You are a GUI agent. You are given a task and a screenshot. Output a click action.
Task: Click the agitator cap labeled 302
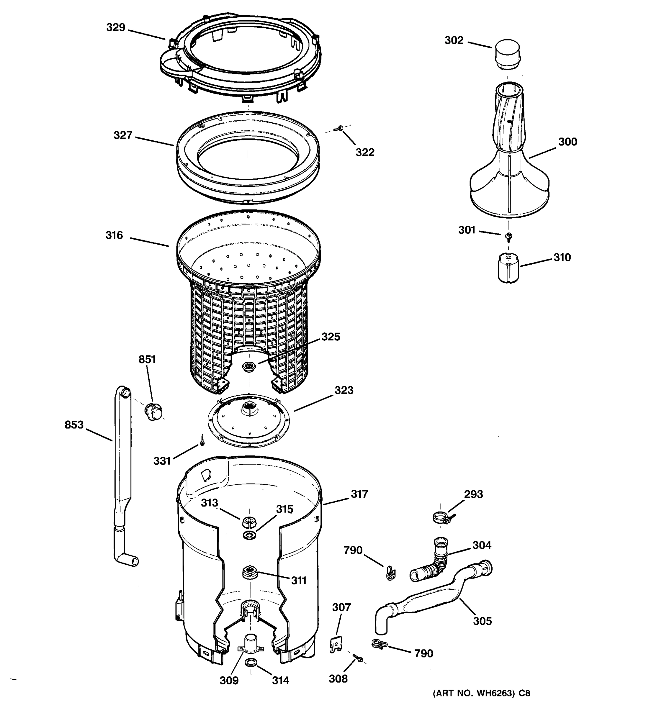(507, 55)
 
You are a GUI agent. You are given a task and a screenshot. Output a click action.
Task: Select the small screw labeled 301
(509, 236)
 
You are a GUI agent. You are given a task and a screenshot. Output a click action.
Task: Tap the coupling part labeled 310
(508, 268)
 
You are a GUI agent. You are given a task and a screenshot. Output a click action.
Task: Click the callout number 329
(116, 27)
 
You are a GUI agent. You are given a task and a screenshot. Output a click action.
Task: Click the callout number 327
(122, 135)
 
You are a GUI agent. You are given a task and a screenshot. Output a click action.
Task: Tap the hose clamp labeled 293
(442, 517)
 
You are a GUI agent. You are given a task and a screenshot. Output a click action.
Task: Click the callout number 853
(74, 425)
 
